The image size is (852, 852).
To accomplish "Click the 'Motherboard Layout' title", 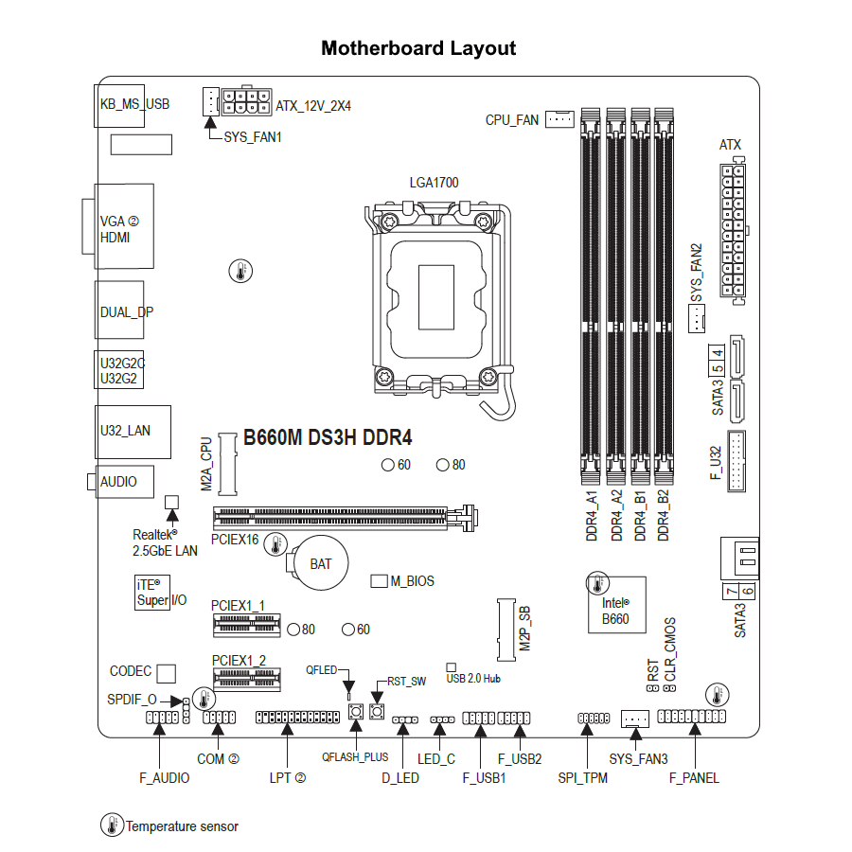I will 418,48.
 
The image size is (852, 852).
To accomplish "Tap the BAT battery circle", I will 320,563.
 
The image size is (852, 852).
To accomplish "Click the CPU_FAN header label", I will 511,120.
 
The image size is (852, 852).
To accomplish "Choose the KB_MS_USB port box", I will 133,103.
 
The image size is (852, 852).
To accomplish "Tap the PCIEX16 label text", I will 235,540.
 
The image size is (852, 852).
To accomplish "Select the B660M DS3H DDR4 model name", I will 328,437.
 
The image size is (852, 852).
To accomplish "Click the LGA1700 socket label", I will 434,183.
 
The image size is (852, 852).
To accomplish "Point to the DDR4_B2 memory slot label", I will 664,515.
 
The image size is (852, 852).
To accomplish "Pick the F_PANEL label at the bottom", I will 694,778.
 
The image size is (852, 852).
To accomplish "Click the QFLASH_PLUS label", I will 355,757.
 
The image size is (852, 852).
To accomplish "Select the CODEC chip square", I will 167,672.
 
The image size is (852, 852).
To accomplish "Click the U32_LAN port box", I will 133,431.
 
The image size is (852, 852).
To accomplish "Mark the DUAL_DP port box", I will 120,311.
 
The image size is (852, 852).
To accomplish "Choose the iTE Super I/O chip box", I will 151,593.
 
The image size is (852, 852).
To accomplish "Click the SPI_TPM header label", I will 582,778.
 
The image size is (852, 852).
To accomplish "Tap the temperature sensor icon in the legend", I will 113,825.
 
